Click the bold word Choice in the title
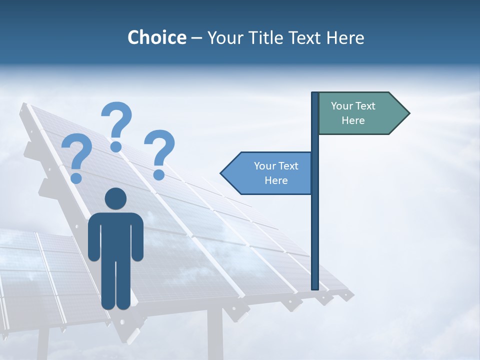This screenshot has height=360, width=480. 156,37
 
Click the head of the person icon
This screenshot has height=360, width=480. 115,198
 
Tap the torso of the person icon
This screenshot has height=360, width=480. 115,235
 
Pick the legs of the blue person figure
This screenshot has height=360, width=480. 115,285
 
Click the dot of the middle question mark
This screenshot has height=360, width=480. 116,146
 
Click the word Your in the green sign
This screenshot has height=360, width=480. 342,106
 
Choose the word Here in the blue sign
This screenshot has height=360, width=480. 276,180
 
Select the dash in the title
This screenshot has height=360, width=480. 196,38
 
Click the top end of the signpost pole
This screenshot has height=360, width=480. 315,94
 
